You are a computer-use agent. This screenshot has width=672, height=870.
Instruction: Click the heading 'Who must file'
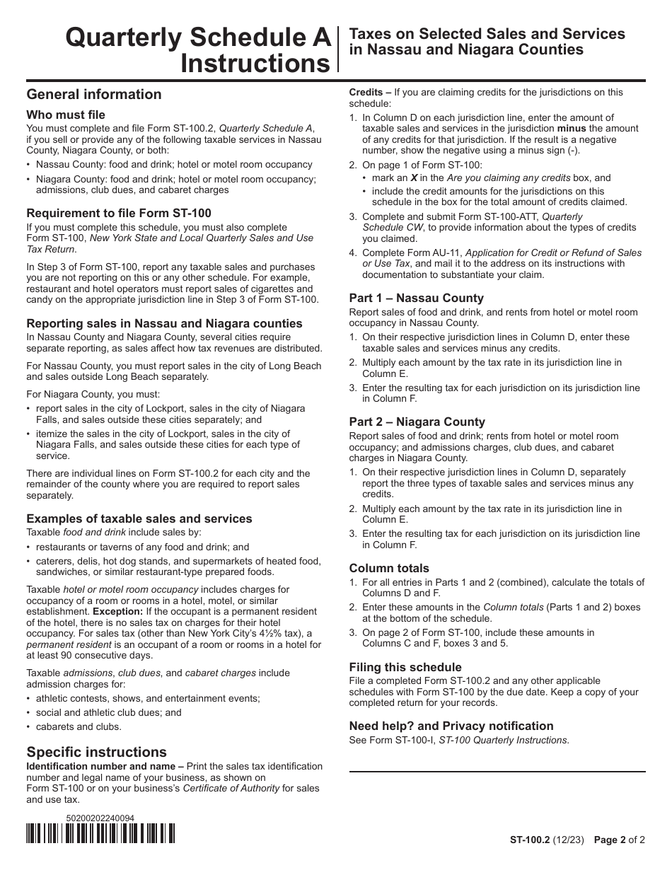tap(66, 115)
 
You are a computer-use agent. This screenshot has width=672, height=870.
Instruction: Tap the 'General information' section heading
tap(94, 94)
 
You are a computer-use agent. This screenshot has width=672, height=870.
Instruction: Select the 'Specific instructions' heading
tap(97, 752)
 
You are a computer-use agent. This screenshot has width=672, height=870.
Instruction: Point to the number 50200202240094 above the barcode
tap(100, 818)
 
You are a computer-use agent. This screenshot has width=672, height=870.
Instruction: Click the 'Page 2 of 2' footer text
tap(619, 840)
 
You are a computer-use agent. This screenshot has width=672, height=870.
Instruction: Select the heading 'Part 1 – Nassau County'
tap(417, 298)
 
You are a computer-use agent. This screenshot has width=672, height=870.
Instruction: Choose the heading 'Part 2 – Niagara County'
tap(417, 422)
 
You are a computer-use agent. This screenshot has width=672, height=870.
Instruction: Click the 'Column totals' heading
tap(389, 568)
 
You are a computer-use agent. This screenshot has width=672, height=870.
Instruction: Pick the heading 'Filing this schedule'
tap(405, 667)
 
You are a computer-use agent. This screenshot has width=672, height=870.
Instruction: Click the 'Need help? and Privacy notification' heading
tap(451, 726)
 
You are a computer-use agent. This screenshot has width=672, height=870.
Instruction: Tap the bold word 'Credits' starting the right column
tap(366, 92)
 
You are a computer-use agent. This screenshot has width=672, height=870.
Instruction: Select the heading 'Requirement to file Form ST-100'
tap(119, 213)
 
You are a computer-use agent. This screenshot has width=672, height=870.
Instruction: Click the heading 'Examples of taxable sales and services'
tap(139, 518)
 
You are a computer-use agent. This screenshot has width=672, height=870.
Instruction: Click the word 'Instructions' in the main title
tap(256, 64)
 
